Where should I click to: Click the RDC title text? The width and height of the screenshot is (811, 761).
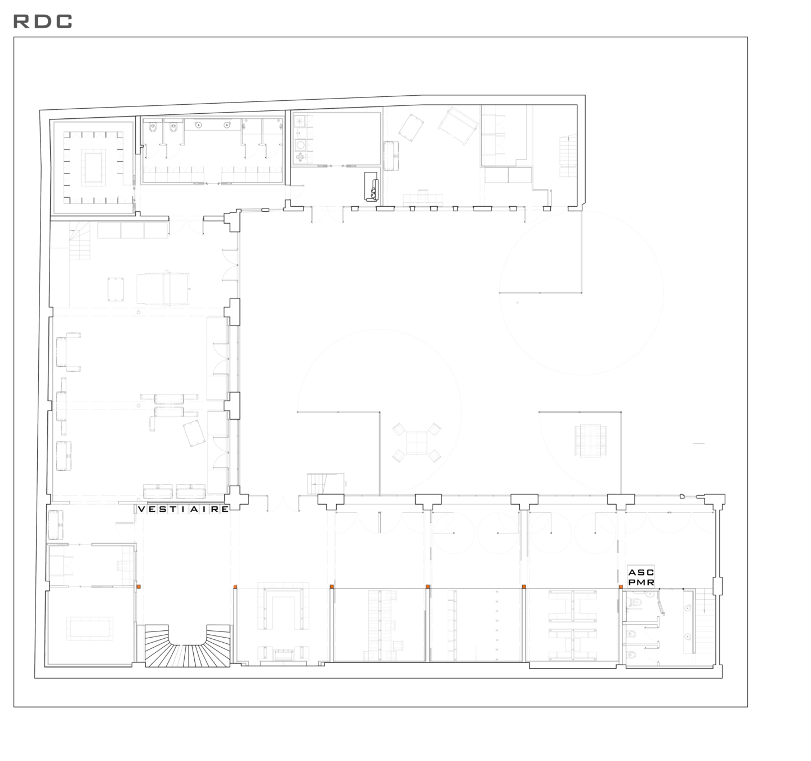click(x=42, y=21)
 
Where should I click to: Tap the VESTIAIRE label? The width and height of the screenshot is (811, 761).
click(x=184, y=509)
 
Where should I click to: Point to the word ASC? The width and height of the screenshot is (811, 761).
click(x=641, y=572)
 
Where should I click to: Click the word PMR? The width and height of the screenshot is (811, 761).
click(x=641, y=582)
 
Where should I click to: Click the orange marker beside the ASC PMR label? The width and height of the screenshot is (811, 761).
click(x=620, y=586)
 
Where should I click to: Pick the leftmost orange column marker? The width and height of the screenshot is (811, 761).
click(x=139, y=586)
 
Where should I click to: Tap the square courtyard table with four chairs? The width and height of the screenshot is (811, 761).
click(x=417, y=442)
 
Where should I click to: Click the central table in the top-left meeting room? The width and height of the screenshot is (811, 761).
click(x=93, y=167)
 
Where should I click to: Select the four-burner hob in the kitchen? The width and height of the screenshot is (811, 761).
click(x=301, y=157)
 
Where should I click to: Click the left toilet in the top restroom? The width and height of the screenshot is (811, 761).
click(x=153, y=128)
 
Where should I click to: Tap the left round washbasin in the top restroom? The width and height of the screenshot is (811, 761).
click(x=199, y=125)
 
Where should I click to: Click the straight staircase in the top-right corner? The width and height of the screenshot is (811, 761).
click(x=568, y=155)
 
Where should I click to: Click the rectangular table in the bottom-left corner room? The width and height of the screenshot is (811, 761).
click(x=90, y=629)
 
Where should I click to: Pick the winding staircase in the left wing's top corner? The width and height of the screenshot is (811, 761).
click(x=79, y=241)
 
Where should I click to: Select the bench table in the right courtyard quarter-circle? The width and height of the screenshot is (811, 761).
click(x=590, y=440)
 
